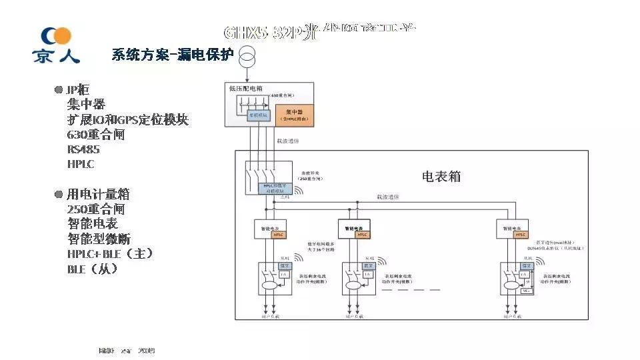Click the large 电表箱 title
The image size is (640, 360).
click(x=441, y=177)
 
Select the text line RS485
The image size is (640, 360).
click(x=83, y=149)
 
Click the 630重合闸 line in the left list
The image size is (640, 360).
click(x=96, y=134)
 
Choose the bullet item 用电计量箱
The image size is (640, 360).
click(x=97, y=194)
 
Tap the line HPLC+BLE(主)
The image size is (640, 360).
click(x=110, y=254)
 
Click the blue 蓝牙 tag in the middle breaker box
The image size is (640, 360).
click(x=367, y=267)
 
